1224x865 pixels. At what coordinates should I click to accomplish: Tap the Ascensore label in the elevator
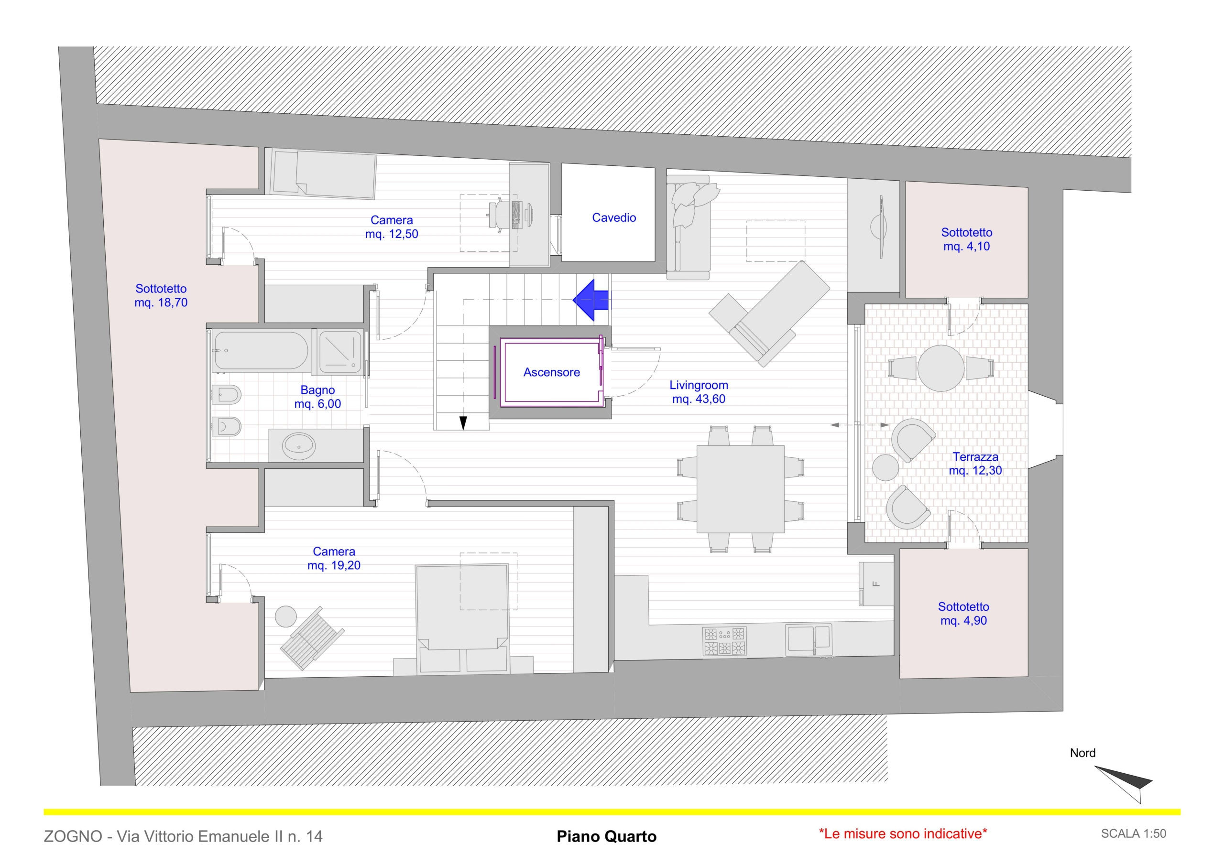tap(551, 372)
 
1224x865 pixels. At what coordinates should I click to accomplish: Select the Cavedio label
tap(613, 217)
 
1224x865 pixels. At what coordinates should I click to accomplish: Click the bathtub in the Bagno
tap(260, 351)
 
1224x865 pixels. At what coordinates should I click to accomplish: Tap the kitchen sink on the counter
tap(808, 639)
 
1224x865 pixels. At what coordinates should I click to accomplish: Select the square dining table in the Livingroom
tap(740, 489)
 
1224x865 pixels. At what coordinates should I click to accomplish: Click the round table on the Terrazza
tap(941, 368)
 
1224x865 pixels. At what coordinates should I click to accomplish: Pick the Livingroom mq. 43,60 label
tap(699, 392)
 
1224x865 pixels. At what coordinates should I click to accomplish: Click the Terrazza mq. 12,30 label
tap(975, 464)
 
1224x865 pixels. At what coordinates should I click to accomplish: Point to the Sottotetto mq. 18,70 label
tap(161, 295)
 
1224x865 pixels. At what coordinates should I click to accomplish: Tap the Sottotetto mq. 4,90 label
tap(963, 614)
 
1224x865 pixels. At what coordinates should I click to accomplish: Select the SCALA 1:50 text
tap(1133, 833)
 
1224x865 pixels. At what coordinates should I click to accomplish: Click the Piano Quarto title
tap(606, 836)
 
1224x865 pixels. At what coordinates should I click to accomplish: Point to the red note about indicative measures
tap(903, 833)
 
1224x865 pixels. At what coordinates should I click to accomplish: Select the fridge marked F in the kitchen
tap(876, 584)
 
